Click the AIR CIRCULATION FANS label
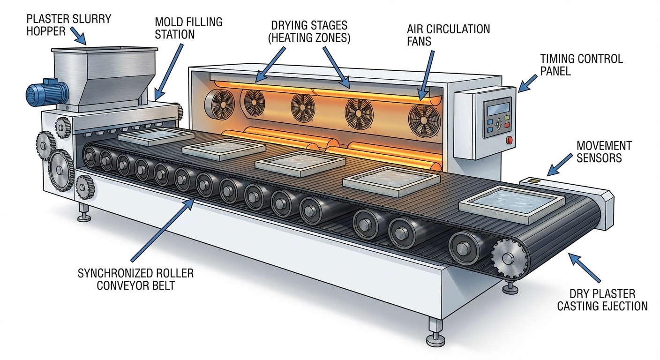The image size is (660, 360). pyautogui.click(x=448, y=35)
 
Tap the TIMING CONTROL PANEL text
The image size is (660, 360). pyautogui.click(x=581, y=65)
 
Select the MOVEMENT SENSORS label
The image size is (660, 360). pyautogui.click(x=604, y=151)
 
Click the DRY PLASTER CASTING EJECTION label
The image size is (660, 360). pyautogui.click(x=608, y=300)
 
